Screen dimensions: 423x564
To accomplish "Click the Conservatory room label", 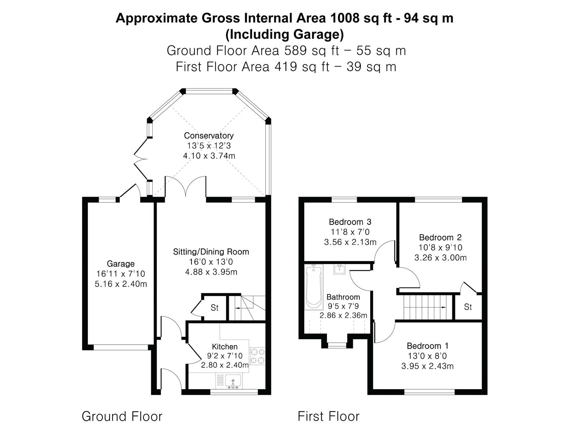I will (209, 136).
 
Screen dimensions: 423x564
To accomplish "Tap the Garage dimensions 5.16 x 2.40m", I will (121, 284).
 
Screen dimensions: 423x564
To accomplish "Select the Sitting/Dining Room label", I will (211, 251).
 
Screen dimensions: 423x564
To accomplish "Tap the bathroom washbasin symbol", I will (339, 269).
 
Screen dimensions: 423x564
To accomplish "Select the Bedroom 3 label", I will (350, 222).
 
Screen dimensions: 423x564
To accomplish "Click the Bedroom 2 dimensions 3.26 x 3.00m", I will (440, 258).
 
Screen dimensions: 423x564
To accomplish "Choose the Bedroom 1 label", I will (427, 346).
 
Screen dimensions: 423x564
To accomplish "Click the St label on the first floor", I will (468, 307).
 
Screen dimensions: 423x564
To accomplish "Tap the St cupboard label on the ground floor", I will (214, 308).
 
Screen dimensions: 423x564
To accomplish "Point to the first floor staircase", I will (425, 307).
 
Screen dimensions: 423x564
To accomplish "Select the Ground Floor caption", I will (122, 416).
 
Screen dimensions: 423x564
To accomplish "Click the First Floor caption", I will (328, 416).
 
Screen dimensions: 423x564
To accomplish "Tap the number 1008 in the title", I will (346, 18).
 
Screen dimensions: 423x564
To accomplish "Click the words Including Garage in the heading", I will (284, 34).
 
